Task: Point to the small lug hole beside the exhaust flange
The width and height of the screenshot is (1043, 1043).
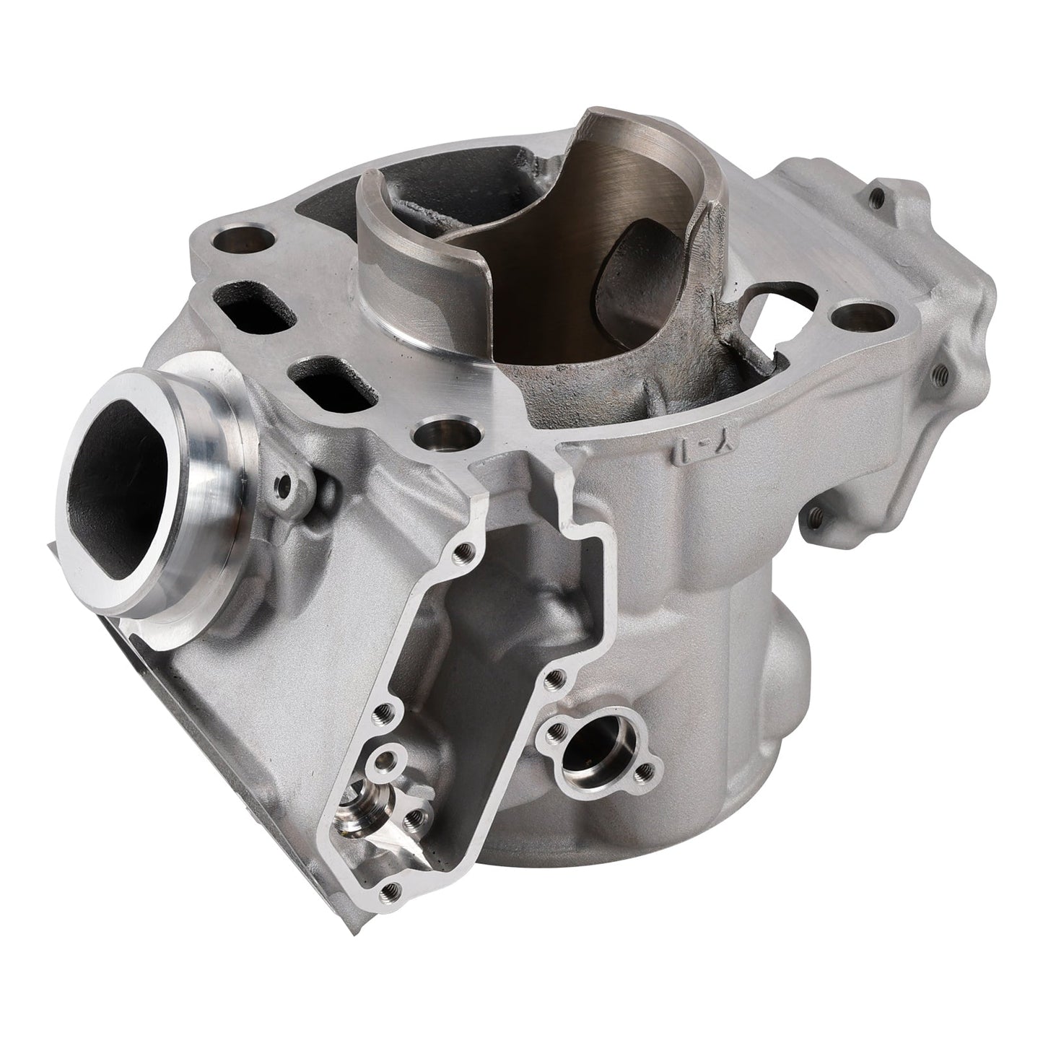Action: tap(284, 482)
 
